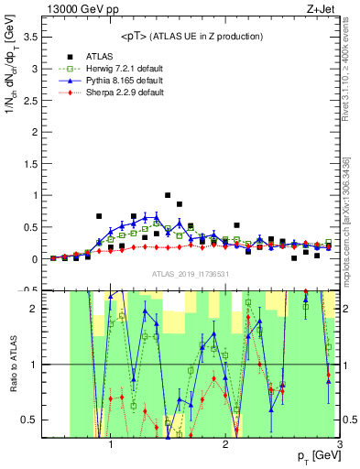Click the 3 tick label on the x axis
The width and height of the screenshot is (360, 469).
339,446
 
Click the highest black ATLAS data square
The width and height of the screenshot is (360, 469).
168,195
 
